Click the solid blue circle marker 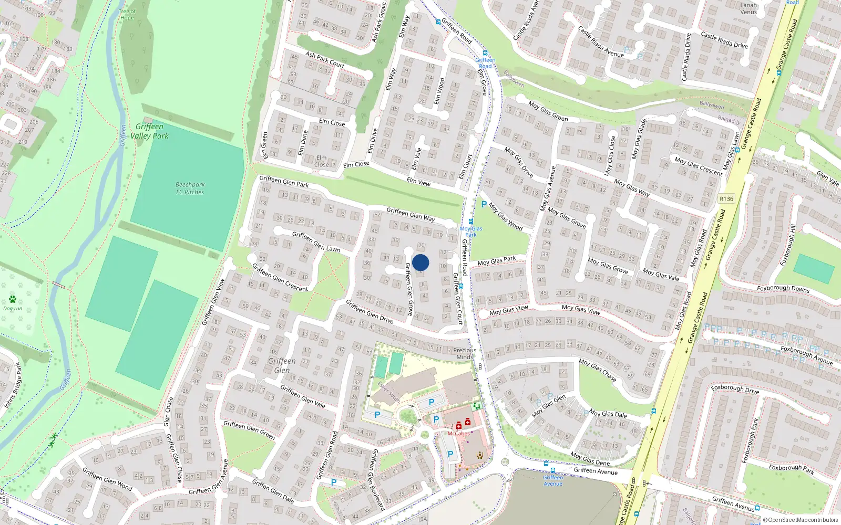420,262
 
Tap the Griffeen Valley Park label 150,131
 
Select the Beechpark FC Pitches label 190,188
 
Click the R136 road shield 726,199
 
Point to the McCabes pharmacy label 458,434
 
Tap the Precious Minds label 465,353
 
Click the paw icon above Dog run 13,299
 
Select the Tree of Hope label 127,14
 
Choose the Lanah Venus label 748,8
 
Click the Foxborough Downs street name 783,288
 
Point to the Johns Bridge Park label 13,385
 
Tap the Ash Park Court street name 325,60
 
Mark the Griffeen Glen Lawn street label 316,241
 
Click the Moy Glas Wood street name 506,216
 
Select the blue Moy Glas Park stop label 471,232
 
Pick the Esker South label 389,392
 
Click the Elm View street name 418,182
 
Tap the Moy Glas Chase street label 598,370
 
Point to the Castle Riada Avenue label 601,41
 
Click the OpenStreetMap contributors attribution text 800,520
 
